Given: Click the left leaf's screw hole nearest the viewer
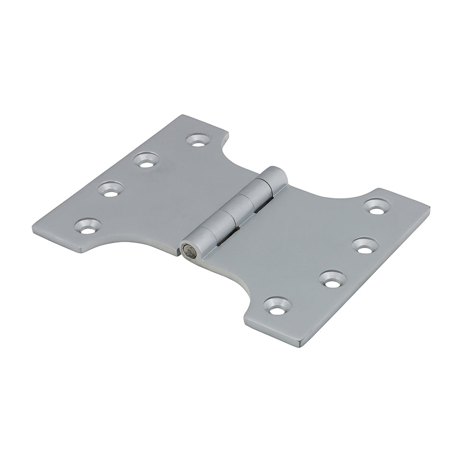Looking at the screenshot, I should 88,226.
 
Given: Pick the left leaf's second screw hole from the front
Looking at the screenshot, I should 111,189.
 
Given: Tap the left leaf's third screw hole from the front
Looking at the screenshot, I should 147,160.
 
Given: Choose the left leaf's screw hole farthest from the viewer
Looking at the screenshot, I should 198,140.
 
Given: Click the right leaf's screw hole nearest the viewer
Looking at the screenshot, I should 277,306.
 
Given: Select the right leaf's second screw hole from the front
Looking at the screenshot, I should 333,279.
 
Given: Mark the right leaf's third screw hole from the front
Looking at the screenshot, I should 365,245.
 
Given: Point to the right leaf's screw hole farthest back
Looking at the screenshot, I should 377,206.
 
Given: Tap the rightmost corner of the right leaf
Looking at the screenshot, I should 429,209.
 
